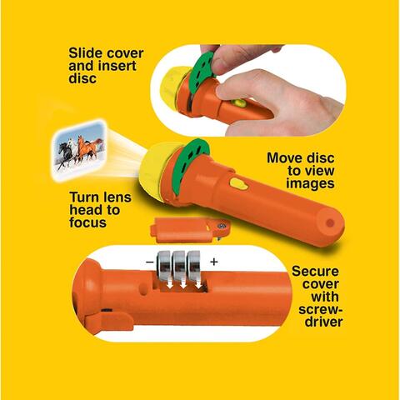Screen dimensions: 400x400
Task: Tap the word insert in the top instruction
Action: [x=121, y=66]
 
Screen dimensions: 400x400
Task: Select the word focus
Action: [x=87, y=222]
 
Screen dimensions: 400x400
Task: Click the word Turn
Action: [x=84, y=197]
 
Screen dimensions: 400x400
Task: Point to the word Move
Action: [x=285, y=158]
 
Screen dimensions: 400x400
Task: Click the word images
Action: [x=310, y=183]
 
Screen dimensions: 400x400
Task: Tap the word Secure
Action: [x=315, y=272]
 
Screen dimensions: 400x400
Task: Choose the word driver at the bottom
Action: [x=324, y=322]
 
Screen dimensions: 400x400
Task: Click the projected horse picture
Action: [x=79, y=150]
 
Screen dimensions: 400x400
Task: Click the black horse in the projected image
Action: [x=65, y=153]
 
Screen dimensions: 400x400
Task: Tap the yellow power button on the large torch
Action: [x=238, y=183]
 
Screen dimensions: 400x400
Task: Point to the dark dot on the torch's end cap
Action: [x=330, y=222]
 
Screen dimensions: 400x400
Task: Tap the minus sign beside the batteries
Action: [x=150, y=262]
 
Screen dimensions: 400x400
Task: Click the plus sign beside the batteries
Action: [x=213, y=262]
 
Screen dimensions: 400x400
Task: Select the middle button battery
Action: [x=179, y=265]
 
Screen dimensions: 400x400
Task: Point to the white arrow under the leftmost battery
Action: [x=167, y=283]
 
